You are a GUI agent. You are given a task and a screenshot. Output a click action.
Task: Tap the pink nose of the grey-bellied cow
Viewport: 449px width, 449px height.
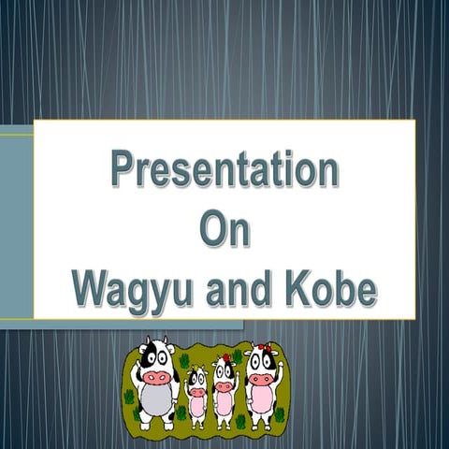click(x=157, y=375)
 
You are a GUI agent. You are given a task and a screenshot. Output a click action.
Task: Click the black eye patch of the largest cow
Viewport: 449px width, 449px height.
click(x=148, y=355)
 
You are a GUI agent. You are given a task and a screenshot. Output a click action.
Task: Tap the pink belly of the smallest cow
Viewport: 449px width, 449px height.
click(x=196, y=408)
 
